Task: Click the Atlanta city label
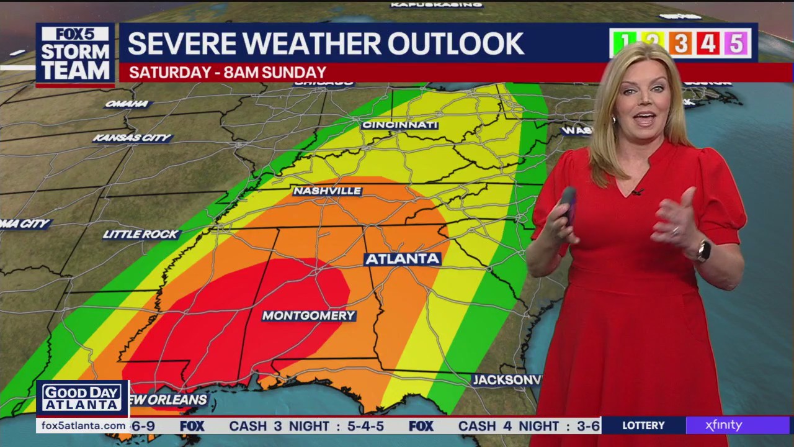pos(403,259)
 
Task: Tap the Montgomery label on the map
pos(308,315)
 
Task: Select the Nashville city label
pos(327,191)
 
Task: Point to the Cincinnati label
pos(399,125)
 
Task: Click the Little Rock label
pos(141,234)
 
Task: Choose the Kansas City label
pos(132,138)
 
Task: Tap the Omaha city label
pos(127,104)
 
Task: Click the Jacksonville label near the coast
pos(506,379)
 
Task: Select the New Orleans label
pos(169,399)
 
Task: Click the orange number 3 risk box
pos(680,43)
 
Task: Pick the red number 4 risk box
pos(708,43)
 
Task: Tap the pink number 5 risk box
pos(736,43)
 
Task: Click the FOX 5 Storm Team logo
pos(75,55)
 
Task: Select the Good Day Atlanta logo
pos(82,399)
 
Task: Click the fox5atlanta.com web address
pos(82,425)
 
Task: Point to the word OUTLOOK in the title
pos(455,43)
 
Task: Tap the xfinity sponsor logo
pos(723,425)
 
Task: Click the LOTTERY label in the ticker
pos(643,425)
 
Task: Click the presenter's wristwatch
pos(703,251)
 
